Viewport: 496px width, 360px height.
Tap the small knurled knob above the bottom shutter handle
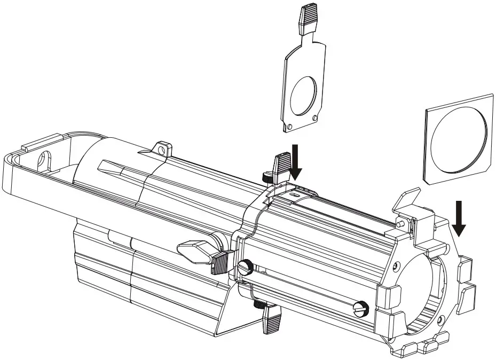260,305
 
